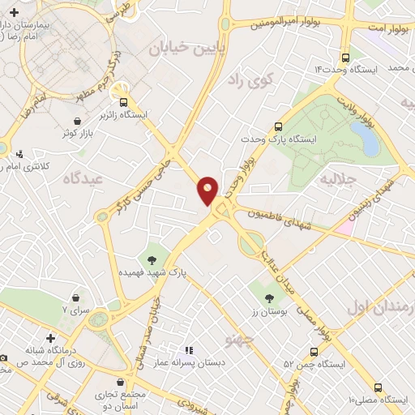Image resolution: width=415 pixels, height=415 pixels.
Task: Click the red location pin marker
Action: (207, 190)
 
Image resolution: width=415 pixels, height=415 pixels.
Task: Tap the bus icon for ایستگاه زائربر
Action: (124, 102)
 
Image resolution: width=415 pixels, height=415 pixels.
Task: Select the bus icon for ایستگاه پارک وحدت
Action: (278, 126)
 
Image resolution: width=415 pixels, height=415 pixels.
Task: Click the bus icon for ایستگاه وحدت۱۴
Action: (346, 58)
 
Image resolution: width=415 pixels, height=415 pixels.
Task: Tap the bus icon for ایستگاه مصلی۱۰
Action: (378, 387)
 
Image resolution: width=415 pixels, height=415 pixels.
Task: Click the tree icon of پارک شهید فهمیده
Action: (152, 260)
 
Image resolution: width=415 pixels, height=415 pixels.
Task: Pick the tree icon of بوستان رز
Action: (260, 288)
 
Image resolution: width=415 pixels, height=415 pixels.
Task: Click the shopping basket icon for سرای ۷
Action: (76, 298)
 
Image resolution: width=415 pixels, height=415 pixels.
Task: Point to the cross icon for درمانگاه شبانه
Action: (50, 337)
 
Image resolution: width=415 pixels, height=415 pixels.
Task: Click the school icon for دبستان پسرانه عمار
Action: (189, 350)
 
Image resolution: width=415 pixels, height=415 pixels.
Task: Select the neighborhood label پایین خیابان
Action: (179, 49)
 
